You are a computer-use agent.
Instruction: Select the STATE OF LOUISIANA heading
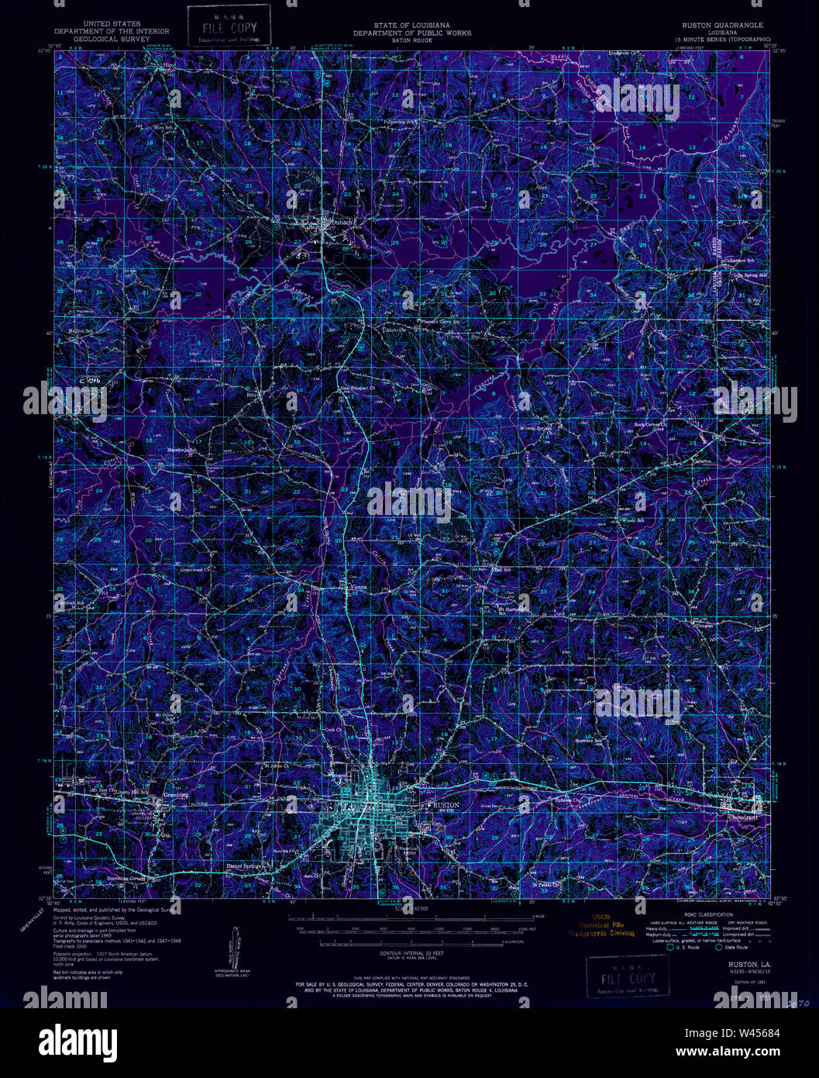[x=411, y=26]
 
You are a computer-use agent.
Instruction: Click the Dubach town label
[x=342, y=223]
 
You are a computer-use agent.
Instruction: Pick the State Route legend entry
[x=735, y=947]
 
